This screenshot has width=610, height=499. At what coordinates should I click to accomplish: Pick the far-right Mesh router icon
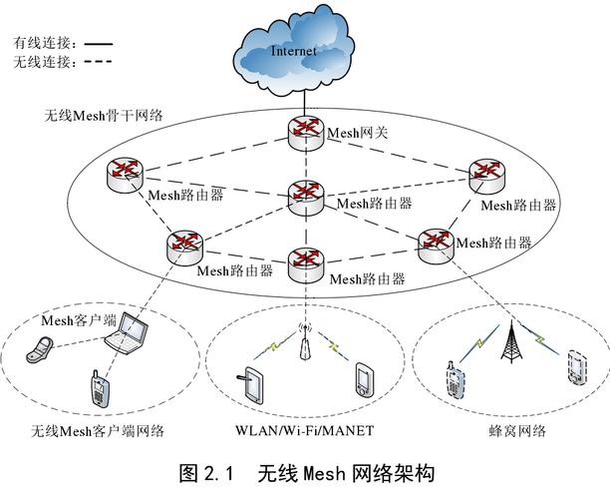point(486,175)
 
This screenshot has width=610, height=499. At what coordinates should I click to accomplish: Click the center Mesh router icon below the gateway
point(304,196)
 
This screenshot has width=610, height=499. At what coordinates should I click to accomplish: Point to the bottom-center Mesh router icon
point(304,262)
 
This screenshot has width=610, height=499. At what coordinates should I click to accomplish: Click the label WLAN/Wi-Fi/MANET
point(305,431)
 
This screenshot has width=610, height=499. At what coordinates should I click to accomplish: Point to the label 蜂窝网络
point(518,431)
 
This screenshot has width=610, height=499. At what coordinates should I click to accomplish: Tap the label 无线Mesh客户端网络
point(97,431)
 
